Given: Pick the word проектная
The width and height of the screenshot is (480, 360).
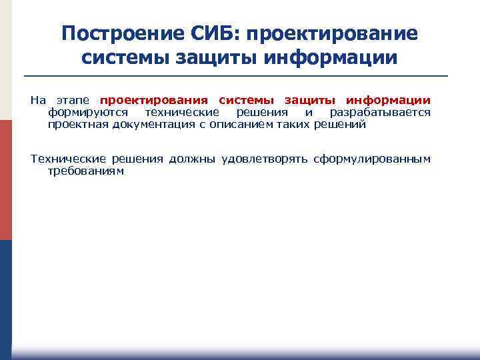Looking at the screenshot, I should pyautogui.click(x=74, y=125).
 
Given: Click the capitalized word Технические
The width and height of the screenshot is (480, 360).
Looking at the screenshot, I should pyautogui.click(x=69, y=159).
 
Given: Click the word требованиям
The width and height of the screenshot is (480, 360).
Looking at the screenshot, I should pyautogui.click(x=86, y=171).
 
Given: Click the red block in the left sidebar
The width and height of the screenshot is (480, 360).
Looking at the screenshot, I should pyautogui.click(x=5, y=180).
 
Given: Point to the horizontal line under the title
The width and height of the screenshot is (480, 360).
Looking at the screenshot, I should pyautogui.click(x=239, y=75).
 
